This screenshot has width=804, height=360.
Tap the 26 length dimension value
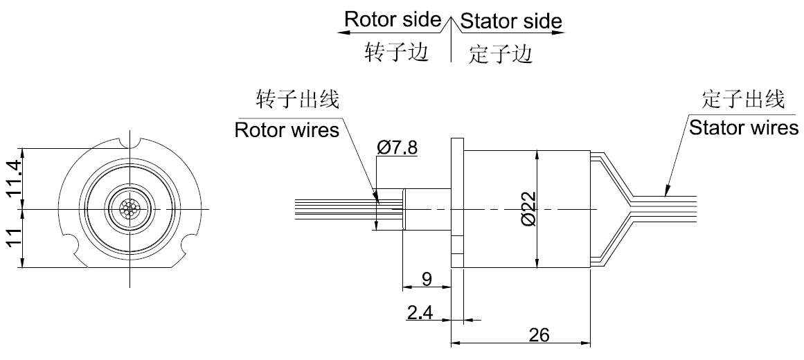539,334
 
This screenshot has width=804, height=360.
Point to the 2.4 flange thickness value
420,312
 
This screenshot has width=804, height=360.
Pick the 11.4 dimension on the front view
14,177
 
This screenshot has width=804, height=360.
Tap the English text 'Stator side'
510,21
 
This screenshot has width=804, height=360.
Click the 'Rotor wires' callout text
287,129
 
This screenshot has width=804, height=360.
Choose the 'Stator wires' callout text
742,127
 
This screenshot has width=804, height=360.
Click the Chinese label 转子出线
298,99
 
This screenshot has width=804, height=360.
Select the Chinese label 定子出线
744,98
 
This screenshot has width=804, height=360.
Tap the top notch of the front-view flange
130,143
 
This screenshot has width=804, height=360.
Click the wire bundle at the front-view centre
130,208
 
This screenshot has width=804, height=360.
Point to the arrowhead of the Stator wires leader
666,188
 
